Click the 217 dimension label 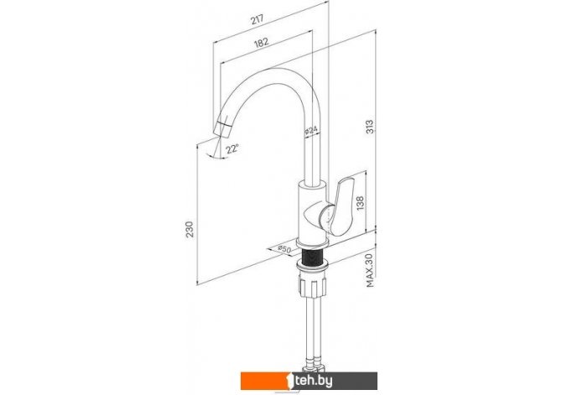[x=257, y=19]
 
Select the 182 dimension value [x=261, y=43]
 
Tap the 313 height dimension [x=370, y=127]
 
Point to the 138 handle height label [x=360, y=203]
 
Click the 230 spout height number [x=190, y=230]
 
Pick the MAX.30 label [x=370, y=270]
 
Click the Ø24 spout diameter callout [x=310, y=132]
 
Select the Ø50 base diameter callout [x=284, y=249]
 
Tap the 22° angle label [x=232, y=148]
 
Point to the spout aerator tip [x=223, y=128]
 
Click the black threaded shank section [x=312, y=256]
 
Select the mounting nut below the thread [x=312, y=284]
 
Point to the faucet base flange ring [x=312, y=243]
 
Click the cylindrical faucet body [x=312, y=210]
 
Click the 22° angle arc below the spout [x=216, y=156]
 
